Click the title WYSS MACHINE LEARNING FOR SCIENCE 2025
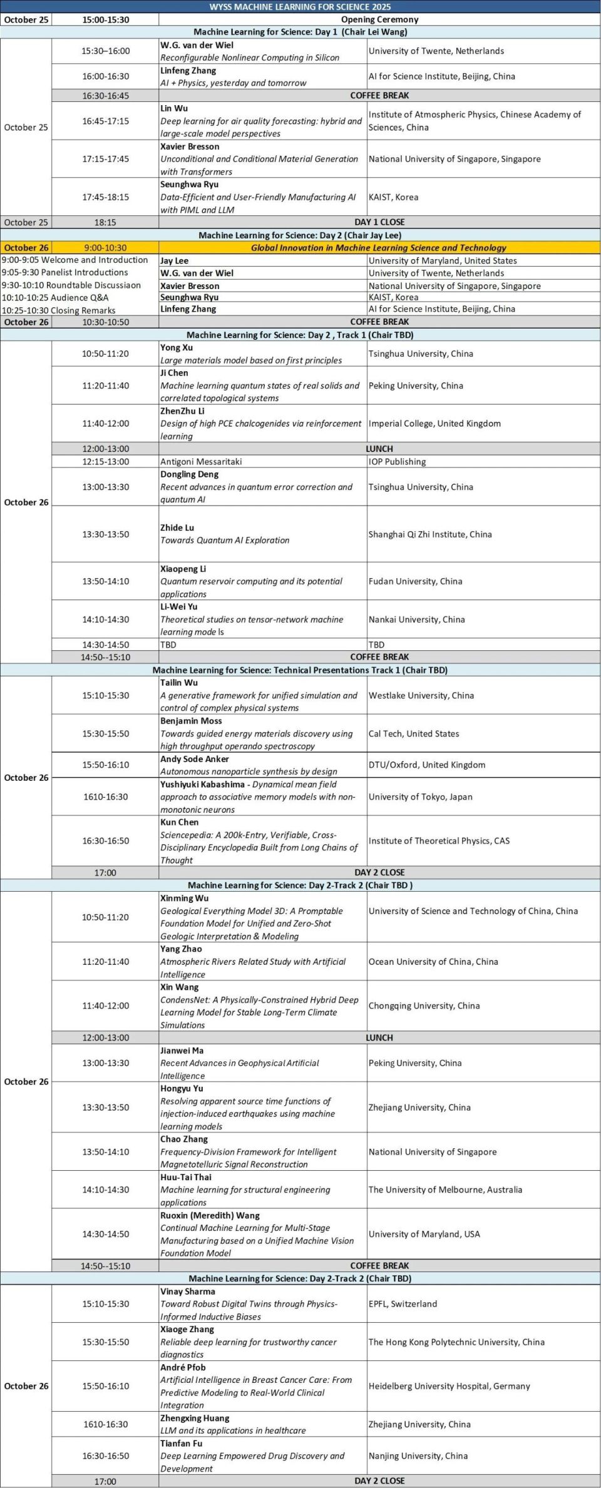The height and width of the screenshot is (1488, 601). click(x=300, y=6)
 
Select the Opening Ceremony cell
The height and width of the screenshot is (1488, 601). click(x=379, y=19)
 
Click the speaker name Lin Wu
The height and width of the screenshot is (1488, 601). click(x=174, y=108)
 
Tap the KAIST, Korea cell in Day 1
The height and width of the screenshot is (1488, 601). click(x=393, y=197)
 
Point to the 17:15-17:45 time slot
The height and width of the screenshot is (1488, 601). click(x=105, y=159)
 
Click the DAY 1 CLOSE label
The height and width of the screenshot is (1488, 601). click(x=379, y=222)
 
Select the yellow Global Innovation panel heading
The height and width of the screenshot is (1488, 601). click(x=378, y=248)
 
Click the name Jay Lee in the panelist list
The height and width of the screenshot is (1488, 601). click(x=174, y=261)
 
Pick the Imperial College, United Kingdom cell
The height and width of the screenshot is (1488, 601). click(x=434, y=424)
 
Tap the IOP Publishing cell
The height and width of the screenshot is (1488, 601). click(x=397, y=462)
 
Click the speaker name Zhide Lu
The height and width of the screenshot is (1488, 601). click(x=177, y=527)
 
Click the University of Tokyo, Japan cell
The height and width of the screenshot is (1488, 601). click(x=420, y=797)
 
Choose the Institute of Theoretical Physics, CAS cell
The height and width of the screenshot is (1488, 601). click(x=439, y=841)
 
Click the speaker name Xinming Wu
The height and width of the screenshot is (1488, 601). click(x=185, y=898)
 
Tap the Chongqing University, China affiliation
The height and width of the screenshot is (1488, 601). click(x=424, y=1006)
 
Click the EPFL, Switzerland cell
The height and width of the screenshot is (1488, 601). click(x=403, y=1304)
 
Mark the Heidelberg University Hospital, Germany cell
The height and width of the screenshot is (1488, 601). click(x=449, y=1386)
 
